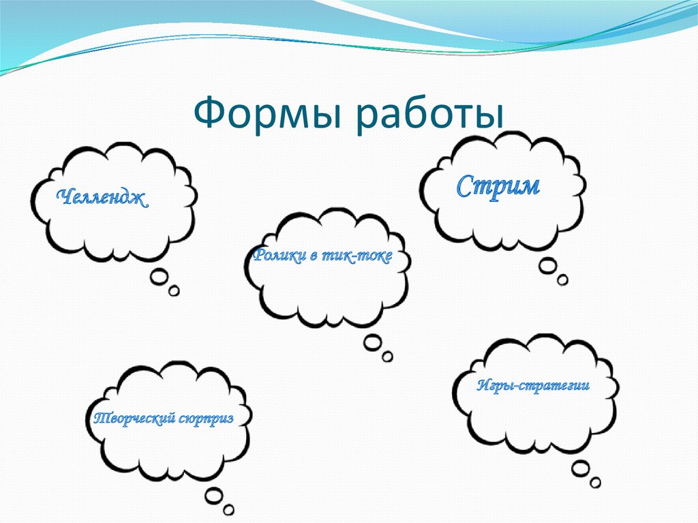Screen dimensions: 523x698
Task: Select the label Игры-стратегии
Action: [532, 386]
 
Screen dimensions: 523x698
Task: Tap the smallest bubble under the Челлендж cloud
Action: [174, 291]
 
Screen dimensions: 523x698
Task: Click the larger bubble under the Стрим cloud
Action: [547, 266]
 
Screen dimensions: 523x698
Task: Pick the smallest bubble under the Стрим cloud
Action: [562, 280]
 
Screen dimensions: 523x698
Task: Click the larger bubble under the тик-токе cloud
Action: [372, 342]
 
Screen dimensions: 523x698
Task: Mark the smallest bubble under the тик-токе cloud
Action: [388, 356]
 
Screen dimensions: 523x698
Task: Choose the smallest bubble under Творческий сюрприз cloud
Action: [230, 509]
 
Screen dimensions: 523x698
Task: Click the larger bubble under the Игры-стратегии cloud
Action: [580, 468]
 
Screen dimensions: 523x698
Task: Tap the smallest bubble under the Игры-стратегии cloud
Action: [596, 482]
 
